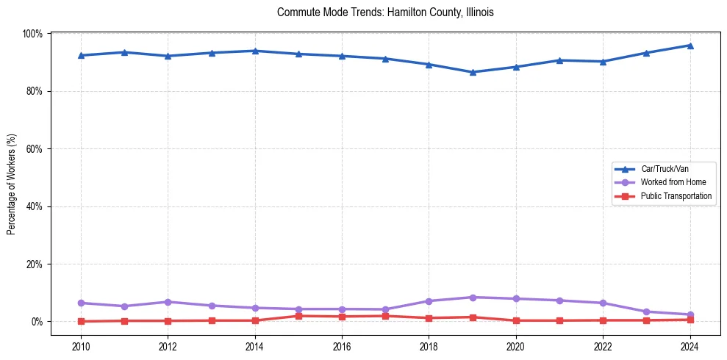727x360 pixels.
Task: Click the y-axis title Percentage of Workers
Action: click(12, 184)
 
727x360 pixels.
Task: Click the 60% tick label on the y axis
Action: click(35, 149)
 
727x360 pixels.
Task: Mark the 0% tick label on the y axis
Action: click(37, 322)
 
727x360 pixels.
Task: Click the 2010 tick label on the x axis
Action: click(81, 345)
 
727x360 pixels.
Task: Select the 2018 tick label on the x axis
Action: click(429, 345)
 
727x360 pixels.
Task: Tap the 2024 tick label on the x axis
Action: click(690, 345)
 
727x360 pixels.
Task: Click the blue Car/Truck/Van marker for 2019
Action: click(473, 72)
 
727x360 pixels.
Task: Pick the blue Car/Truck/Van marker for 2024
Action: click(690, 46)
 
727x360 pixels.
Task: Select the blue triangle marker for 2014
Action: click(255, 51)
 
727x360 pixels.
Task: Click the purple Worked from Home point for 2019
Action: click(473, 298)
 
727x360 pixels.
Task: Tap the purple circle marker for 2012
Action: click(168, 302)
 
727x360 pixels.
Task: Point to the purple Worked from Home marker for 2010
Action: click(81, 303)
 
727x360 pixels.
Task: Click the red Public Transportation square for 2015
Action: click(298, 316)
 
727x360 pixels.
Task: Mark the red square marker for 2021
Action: click(559, 320)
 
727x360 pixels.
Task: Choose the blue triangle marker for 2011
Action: click(125, 52)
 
